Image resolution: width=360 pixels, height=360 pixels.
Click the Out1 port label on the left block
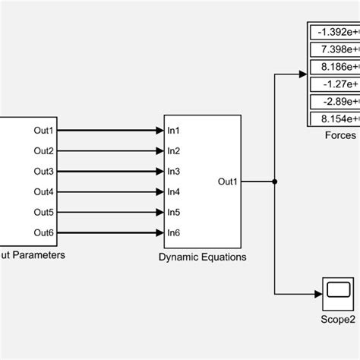44,131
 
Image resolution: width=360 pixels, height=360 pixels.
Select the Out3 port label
44,171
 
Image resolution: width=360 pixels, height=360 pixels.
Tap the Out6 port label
44,232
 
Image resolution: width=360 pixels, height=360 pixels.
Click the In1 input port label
175,131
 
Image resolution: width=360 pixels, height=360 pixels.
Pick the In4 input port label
175,191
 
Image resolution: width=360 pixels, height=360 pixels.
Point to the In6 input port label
175,232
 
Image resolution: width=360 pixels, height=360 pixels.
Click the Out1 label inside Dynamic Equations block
228,182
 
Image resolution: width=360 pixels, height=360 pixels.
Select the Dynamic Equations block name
202,257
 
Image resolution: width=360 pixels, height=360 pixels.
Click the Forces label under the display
339,135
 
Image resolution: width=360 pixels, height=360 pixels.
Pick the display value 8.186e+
337,67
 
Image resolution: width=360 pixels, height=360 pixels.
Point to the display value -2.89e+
337,101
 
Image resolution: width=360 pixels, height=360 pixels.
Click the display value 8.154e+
337,118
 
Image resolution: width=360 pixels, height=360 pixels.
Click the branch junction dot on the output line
274,182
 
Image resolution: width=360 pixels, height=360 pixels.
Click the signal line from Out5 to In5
111,212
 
